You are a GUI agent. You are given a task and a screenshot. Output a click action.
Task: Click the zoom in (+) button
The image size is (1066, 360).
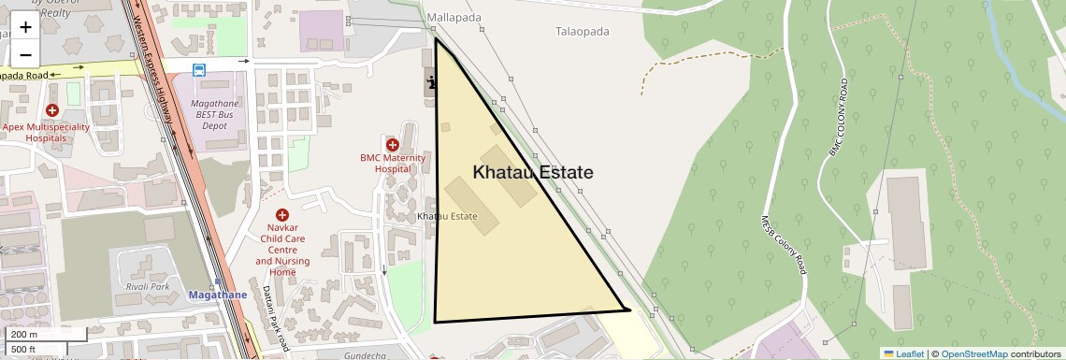point(25,27)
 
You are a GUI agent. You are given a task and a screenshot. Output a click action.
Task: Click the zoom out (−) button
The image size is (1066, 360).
point(25,52)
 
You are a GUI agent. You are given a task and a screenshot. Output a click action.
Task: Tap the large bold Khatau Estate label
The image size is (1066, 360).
point(532,172)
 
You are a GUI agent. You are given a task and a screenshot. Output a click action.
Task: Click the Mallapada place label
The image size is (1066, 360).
point(453,18)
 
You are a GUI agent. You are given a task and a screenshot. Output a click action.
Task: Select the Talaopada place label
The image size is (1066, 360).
point(582,31)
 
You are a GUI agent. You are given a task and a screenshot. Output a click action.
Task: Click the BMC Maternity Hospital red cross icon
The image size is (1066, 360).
point(393,145)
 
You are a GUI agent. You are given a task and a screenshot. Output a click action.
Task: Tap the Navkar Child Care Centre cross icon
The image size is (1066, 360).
point(282,216)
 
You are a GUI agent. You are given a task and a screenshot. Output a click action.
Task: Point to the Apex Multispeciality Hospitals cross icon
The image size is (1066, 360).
point(51,111)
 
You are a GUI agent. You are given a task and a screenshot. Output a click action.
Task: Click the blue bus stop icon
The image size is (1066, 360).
point(199,69)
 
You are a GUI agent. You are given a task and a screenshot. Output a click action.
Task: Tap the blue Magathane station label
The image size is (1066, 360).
point(218,295)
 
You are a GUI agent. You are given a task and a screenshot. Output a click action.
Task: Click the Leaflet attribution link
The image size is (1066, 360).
point(903,353)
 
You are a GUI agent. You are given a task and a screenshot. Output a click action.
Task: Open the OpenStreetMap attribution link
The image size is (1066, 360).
point(973,353)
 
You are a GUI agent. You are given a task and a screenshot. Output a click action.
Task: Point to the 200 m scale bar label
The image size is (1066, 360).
point(24,335)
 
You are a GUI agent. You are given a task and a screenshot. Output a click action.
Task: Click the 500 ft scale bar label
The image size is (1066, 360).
point(23,349)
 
